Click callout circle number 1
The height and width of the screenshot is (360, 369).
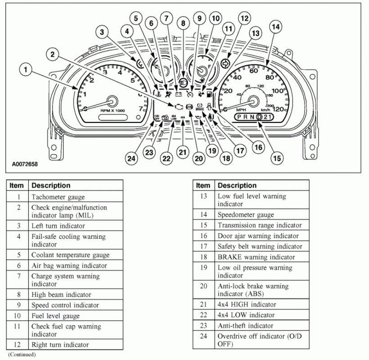(27, 70)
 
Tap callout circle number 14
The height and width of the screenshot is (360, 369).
(275, 27)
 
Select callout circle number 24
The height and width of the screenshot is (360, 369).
(131, 158)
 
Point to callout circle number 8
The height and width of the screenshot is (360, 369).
(183, 23)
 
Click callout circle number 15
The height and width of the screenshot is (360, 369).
(276, 158)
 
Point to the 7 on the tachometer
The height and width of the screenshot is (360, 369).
(140, 108)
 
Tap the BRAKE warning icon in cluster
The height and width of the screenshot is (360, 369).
(200, 108)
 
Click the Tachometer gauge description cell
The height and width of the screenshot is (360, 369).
(58, 197)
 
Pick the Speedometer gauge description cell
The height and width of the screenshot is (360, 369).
(246, 215)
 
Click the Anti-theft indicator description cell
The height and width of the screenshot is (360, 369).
(245, 326)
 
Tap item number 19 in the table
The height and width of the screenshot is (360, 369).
(203, 268)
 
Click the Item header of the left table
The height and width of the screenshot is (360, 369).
(17, 186)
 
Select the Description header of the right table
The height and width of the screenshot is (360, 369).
(237, 186)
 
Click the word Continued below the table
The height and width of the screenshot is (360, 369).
(22, 355)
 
